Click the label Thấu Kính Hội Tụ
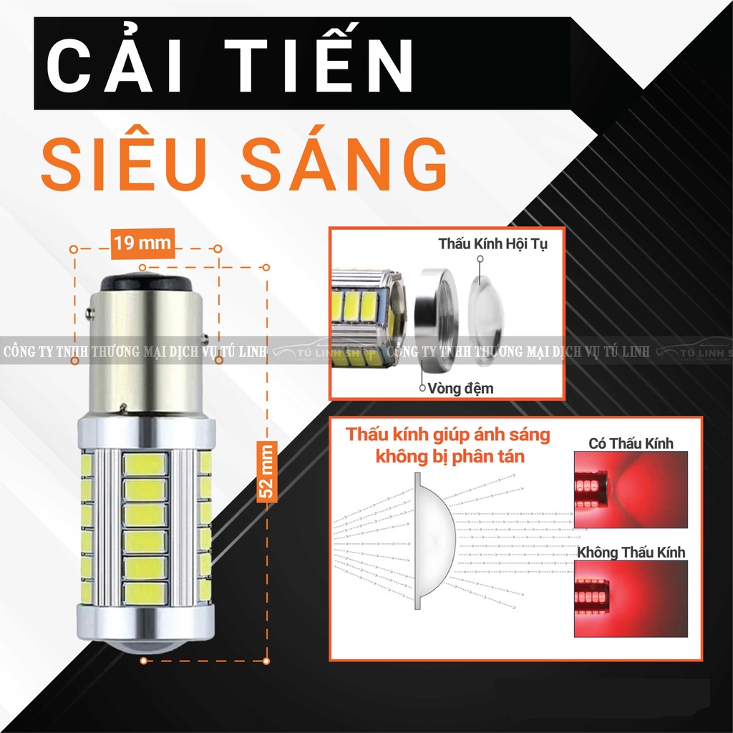click(492, 244)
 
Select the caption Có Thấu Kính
click(631, 443)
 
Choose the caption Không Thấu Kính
click(631, 552)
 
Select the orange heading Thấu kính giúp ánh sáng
click(439, 435)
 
